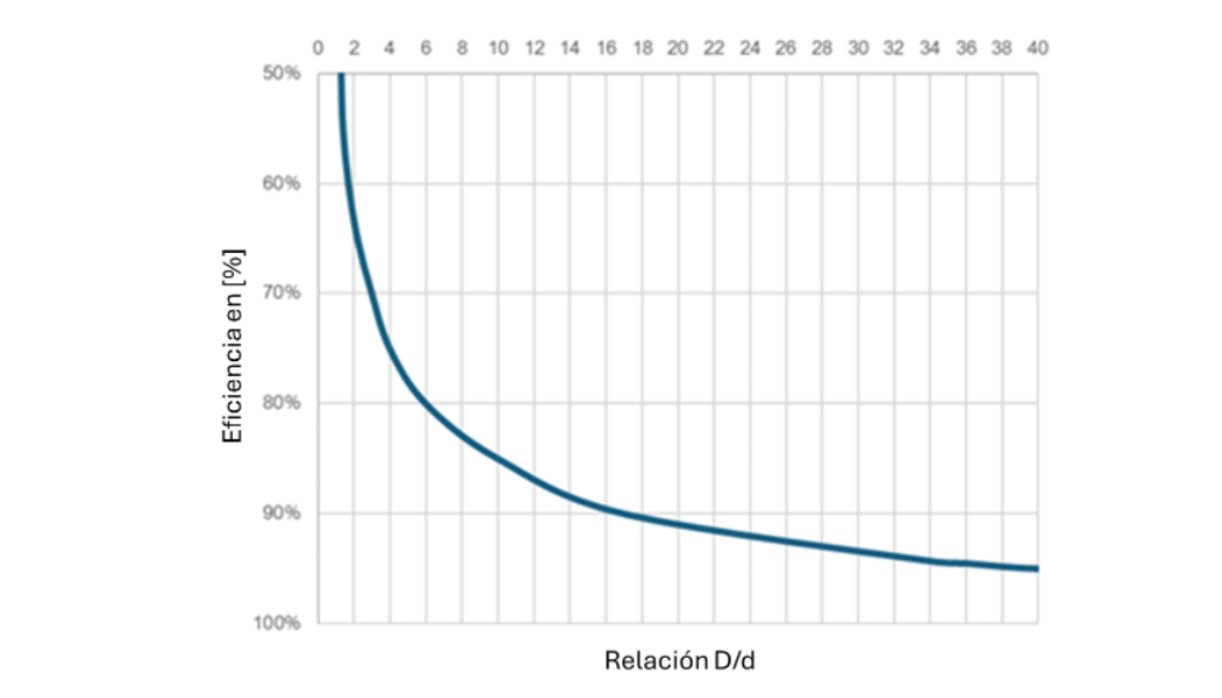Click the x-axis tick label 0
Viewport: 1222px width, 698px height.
318,48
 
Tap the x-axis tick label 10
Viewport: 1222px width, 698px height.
498,48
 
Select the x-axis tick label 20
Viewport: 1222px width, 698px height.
677,48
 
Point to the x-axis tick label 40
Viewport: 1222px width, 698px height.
1037,48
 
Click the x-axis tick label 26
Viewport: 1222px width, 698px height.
786,48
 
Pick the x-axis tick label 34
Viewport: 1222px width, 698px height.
929,48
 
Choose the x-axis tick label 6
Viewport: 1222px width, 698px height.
426,48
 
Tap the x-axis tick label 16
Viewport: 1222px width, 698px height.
606,48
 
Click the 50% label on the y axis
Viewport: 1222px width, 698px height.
281,73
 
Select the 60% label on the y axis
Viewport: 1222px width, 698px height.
281,184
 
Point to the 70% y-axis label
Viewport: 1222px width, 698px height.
281,293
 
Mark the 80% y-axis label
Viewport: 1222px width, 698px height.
281,403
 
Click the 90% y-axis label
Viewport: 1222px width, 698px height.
281,513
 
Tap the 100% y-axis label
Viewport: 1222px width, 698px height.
277,623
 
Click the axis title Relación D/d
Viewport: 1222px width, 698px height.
679,660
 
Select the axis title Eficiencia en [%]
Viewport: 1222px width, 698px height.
233,346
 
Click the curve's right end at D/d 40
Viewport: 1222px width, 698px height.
1037,569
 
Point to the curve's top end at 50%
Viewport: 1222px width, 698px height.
341,75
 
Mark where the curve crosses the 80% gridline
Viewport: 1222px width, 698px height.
423,403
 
